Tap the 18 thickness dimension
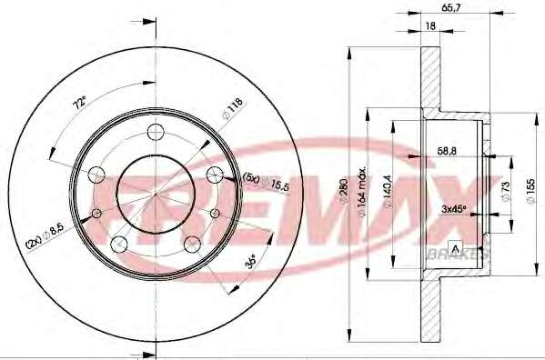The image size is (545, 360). click(x=430, y=25)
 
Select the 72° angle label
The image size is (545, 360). click(x=79, y=103)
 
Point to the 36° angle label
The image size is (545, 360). click(x=250, y=262)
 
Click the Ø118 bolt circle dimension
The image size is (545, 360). click(x=233, y=109)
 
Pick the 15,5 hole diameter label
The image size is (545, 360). click(x=280, y=185)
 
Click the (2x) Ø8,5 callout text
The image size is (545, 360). click(x=41, y=237)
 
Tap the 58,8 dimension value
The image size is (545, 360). click(x=447, y=151)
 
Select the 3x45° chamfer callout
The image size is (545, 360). click(x=453, y=209)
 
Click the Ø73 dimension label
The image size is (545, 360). click(x=505, y=191)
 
